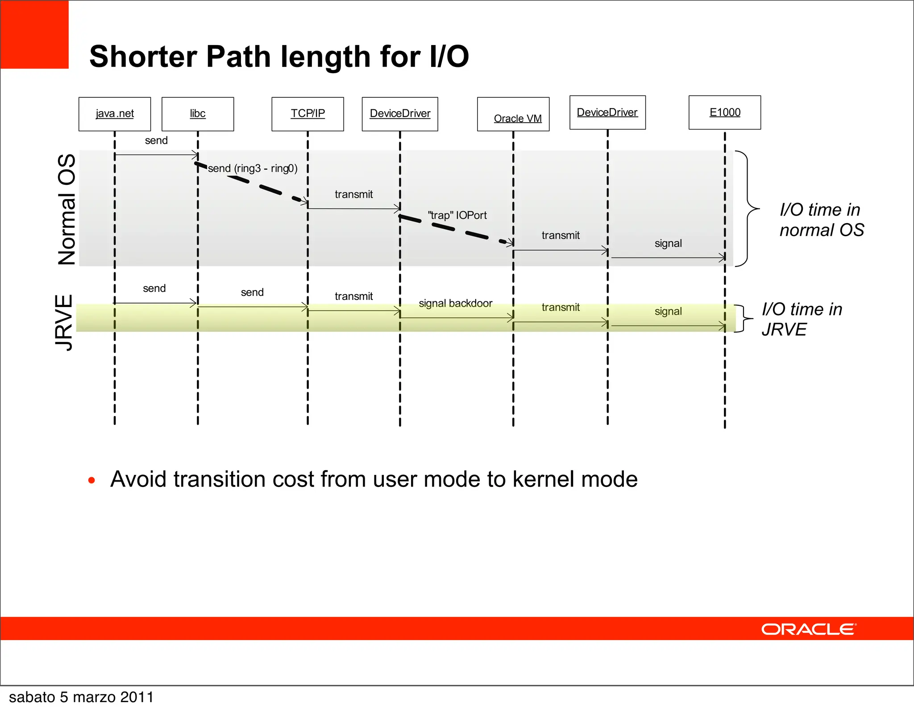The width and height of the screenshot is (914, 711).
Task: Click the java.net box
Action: coord(115,114)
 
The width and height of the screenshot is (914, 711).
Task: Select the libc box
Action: coord(198,114)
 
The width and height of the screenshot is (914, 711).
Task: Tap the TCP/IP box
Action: coord(307,114)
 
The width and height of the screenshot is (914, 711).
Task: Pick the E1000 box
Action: coord(725,112)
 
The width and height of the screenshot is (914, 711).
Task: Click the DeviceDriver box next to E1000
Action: coord(607,112)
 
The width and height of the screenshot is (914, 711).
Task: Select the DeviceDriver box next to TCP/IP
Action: coord(400,114)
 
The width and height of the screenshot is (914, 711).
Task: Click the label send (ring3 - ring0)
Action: coord(253,168)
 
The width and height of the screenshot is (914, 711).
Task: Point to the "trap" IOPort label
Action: coord(457,215)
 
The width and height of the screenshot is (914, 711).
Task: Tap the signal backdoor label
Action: coord(455,304)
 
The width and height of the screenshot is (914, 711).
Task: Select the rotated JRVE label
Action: coord(64,322)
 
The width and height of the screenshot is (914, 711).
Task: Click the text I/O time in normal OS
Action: coord(821,220)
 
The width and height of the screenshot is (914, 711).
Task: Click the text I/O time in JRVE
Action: coord(802,319)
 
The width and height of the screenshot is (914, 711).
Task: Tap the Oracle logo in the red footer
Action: coord(809,629)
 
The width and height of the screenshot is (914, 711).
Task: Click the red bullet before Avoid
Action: coord(91,481)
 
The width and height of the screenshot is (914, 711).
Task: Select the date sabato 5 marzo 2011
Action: coord(81,697)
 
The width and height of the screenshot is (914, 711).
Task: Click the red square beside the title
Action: coord(34,34)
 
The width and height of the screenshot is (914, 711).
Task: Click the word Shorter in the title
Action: coord(143,57)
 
